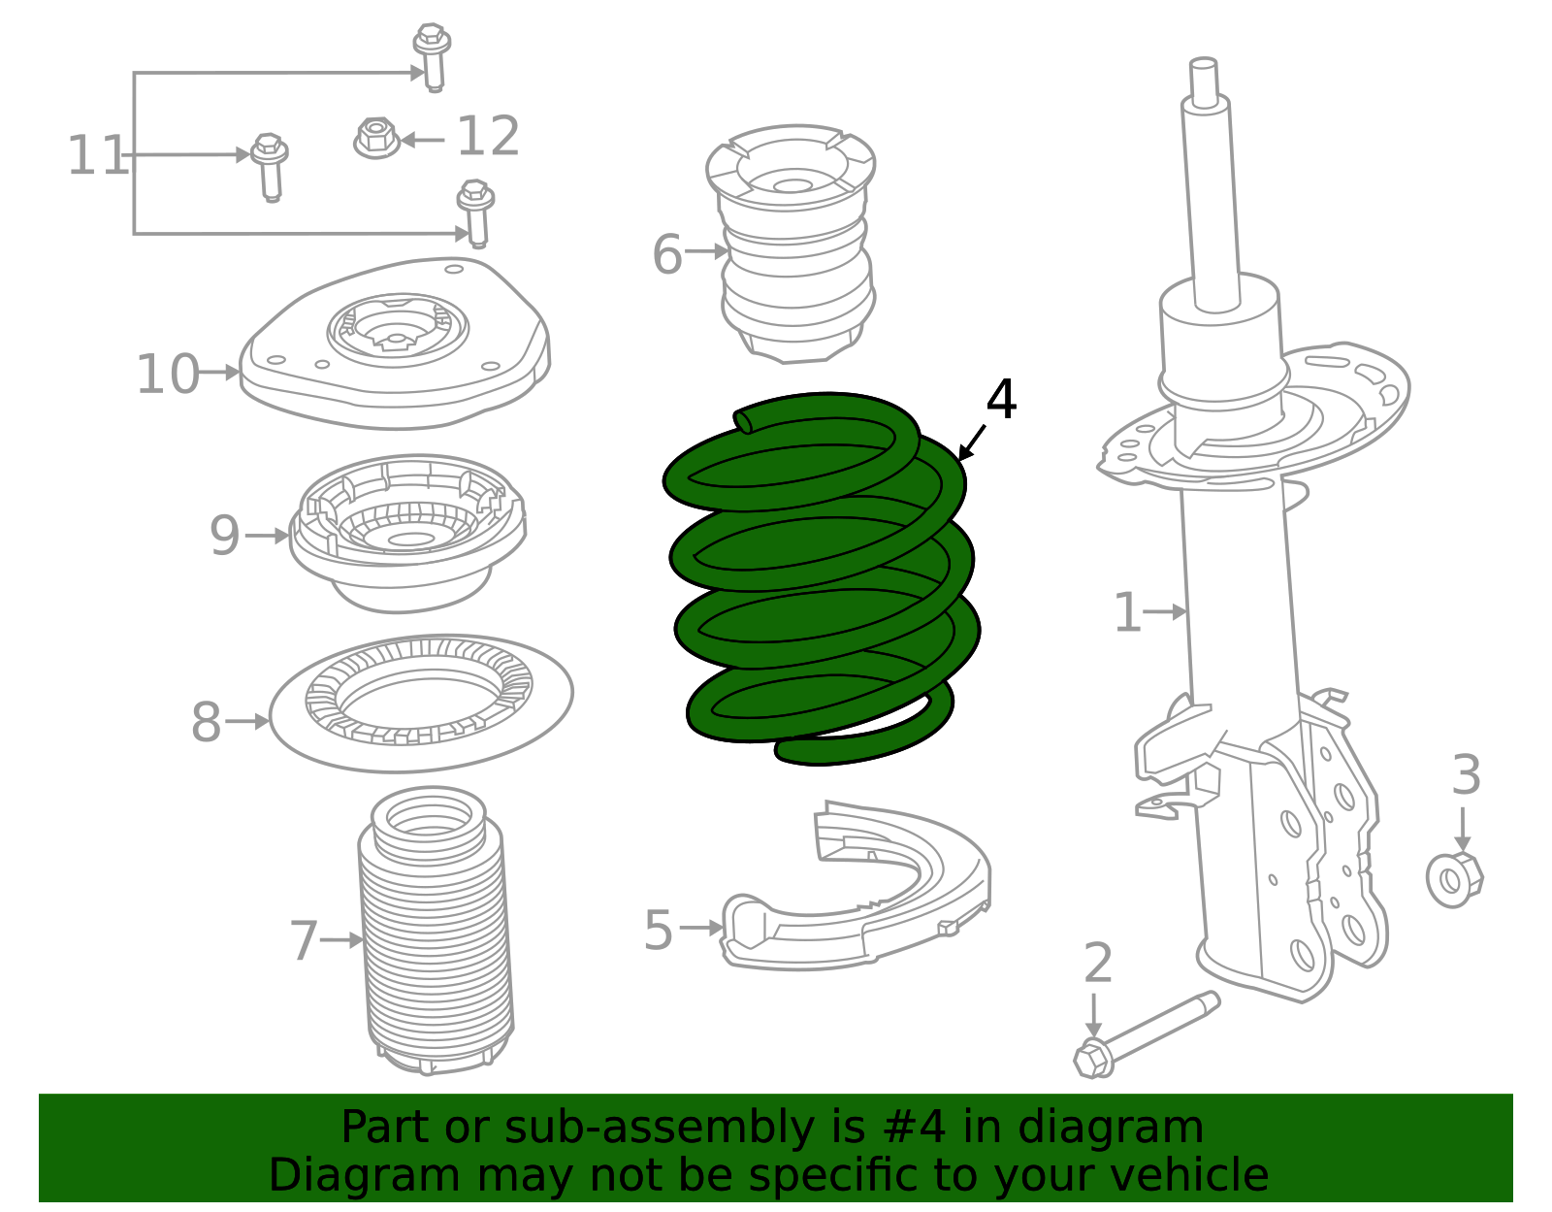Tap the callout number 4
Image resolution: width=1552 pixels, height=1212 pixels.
tap(1001, 400)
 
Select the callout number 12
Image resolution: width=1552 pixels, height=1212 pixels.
tap(488, 137)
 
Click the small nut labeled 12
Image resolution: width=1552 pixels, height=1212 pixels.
tap(376, 138)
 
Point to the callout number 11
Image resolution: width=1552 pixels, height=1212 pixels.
tap(97, 155)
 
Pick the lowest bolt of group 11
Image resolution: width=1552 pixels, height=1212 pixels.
tap(475, 212)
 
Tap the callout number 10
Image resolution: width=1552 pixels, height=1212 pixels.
tap(167, 375)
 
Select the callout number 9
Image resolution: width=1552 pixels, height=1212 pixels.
tap(224, 536)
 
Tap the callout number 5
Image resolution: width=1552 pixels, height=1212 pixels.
tap(658, 931)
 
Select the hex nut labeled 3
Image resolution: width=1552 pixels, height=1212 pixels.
tap(1453, 879)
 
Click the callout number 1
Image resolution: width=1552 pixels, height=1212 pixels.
tap(1126, 613)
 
